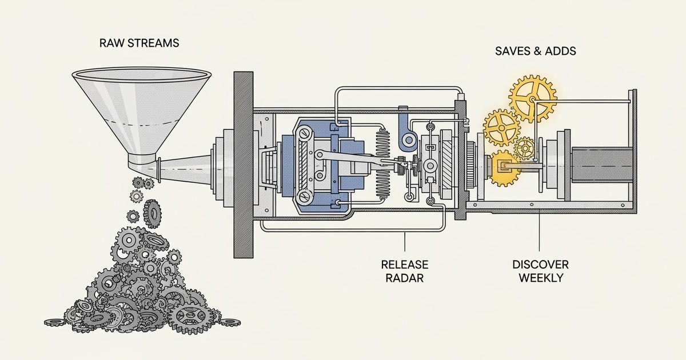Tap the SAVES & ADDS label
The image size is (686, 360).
pyautogui.click(x=535, y=51)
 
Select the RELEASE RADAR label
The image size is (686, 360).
pyautogui.click(x=405, y=271)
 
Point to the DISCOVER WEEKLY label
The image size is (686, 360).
pyautogui.click(x=540, y=271)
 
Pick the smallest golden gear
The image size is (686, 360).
pyautogui.click(x=524, y=149)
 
